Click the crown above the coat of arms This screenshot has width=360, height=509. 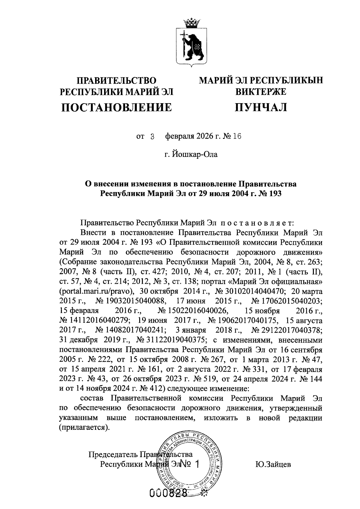190,22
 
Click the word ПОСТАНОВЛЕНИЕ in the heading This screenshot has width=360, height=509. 117,107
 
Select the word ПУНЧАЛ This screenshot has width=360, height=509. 261,107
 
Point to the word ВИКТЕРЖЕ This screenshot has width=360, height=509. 261,91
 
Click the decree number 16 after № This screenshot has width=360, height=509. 237,137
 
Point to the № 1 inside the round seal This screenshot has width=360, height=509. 189,464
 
